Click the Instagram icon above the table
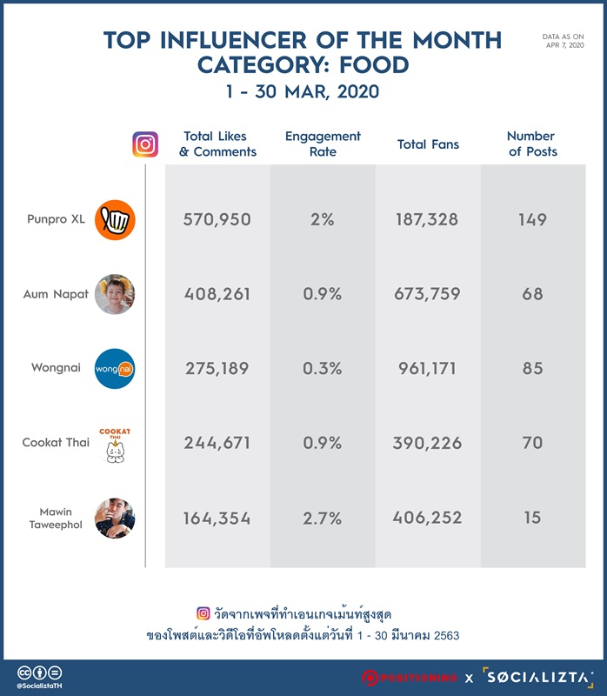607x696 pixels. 145,144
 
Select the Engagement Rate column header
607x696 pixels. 323,144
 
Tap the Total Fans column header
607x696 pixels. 428,144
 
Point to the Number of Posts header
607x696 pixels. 532,144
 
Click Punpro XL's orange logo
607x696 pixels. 115,220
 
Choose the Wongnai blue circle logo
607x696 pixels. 115,369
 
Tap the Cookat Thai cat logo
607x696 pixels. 115,445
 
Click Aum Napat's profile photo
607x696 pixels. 115,294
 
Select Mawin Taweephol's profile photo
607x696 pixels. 115,518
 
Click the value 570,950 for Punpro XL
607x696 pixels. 217,220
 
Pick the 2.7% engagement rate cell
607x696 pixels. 323,518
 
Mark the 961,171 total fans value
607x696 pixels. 427,368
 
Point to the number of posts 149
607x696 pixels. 532,220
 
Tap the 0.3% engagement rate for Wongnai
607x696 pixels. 323,368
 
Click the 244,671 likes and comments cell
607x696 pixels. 217,443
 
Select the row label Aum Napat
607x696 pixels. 56,294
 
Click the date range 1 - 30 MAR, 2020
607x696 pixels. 303,91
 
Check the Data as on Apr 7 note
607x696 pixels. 563,41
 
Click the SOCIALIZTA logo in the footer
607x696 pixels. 538,678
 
